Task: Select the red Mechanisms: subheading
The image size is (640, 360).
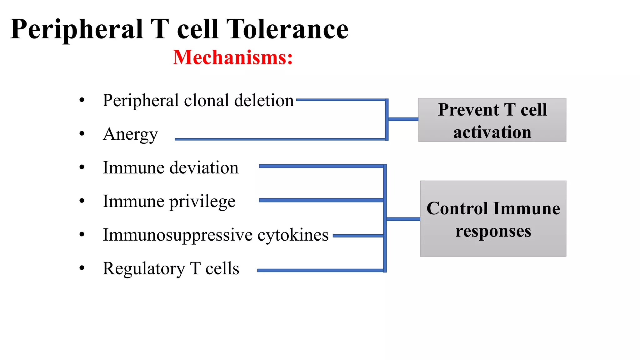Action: point(233,57)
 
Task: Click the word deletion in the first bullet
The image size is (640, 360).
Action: point(264,101)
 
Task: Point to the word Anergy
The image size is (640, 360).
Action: point(130,134)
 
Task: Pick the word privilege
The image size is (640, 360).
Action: point(202,202)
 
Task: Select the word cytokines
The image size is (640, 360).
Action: point(293,235)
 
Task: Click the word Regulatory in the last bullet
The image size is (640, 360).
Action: point(144,269)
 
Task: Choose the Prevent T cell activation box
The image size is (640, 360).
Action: point(492,120)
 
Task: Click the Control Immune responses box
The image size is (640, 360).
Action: point(493,219)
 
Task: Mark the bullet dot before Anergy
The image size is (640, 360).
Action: point(82,134)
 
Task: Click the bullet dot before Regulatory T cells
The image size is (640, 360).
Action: point(82,268)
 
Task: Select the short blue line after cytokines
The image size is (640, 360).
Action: point(358,236)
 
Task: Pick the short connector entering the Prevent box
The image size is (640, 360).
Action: point(403,119)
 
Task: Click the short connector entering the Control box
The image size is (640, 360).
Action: point(403,219)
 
